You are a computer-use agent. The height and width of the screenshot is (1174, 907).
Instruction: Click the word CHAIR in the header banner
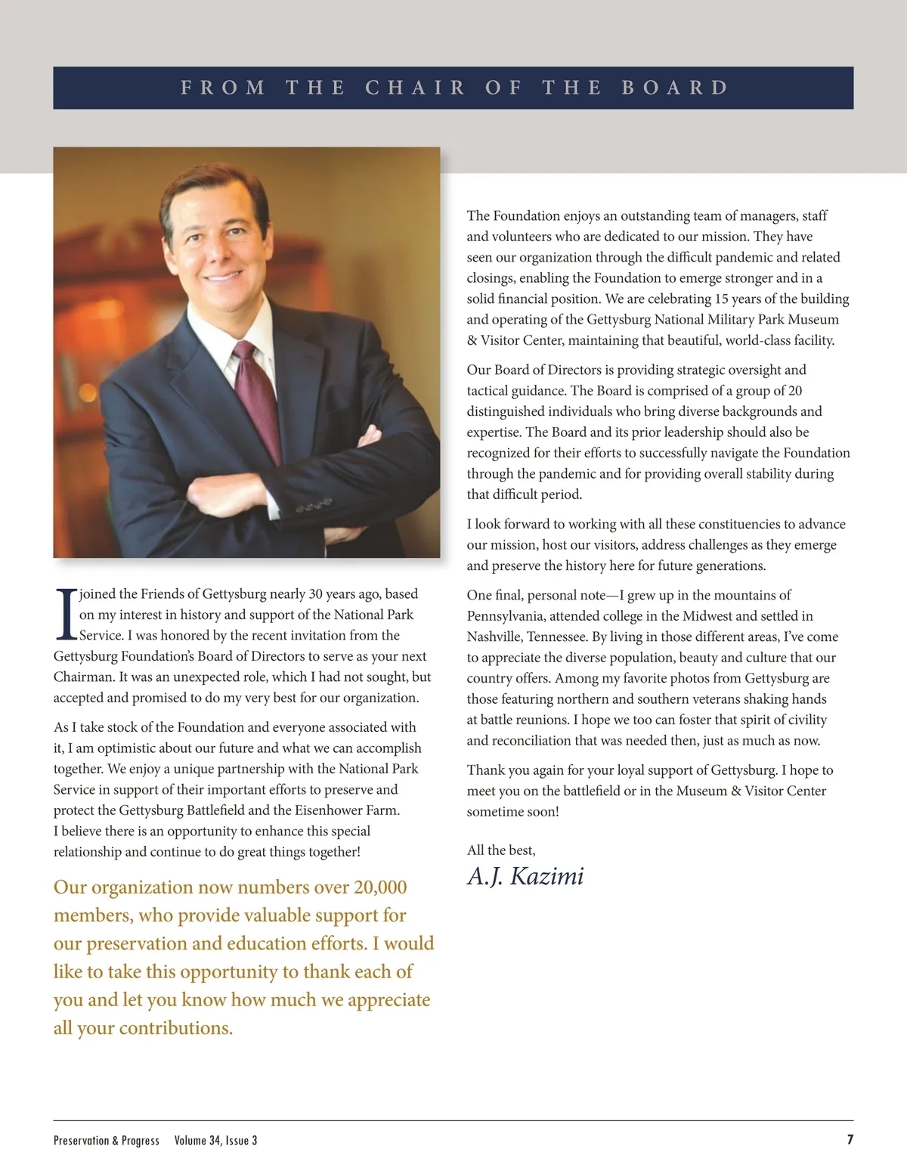tap(415, 88)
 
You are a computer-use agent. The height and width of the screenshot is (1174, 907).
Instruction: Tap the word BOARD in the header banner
tap(675, 88)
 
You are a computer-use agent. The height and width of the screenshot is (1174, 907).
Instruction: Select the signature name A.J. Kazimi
tap(525, 876)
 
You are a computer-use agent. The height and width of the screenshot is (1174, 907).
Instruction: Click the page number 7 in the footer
tap(850, 1139)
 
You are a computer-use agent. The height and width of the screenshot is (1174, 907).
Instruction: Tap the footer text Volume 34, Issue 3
tap(215, 1140)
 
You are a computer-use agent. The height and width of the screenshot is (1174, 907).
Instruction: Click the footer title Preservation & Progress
tap(107, 1140)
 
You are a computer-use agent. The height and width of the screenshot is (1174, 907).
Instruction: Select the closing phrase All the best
tap(501, 850)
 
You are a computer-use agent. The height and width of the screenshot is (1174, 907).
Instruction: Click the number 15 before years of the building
tap(722, 299)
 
